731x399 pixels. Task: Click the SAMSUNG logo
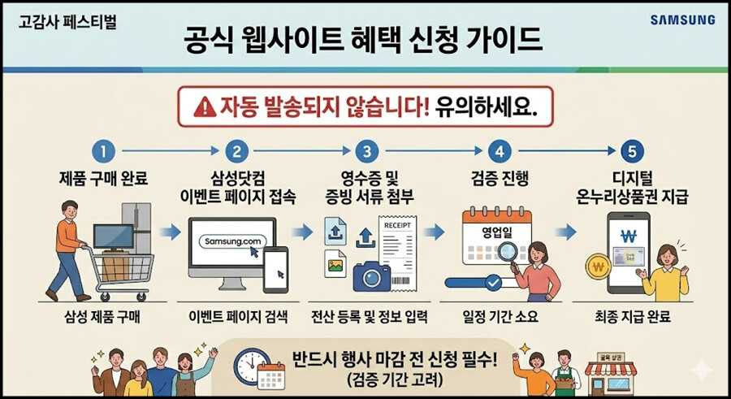tap(682, 20)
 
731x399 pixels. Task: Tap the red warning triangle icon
tap(205, 108)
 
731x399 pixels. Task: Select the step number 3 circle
tap(367, 152)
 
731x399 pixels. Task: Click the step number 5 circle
tap(633, 152)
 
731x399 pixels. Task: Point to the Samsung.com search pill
tap(232, 241)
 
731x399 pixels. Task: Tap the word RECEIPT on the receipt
tap(397, 225)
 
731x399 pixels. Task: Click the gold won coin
tap(598, 267)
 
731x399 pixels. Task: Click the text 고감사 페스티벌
tap(67, 22)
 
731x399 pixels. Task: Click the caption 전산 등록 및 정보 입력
tap(370, 318)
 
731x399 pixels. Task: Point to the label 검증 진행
tap(500, 179)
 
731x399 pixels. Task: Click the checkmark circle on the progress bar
tap(493, 282)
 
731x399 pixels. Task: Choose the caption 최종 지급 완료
tap(633, 318)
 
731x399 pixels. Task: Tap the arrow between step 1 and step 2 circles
tap(171, 150)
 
